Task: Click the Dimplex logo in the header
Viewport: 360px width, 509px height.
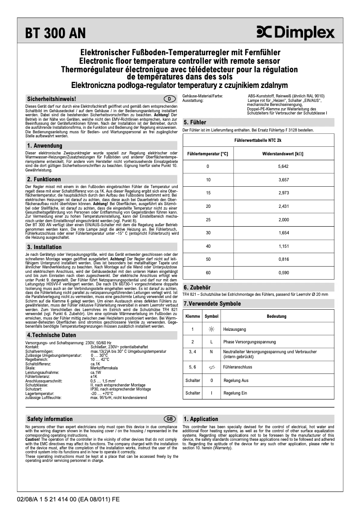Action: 295,33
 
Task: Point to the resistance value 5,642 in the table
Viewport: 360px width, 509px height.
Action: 283,167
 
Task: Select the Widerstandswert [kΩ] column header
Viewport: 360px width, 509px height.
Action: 283,154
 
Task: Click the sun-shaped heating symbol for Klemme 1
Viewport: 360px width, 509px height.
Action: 211,329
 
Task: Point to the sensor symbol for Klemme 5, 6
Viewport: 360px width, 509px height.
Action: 211,367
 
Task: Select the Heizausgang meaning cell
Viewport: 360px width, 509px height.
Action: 235,329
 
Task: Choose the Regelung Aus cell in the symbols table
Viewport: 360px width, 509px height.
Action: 236,380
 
